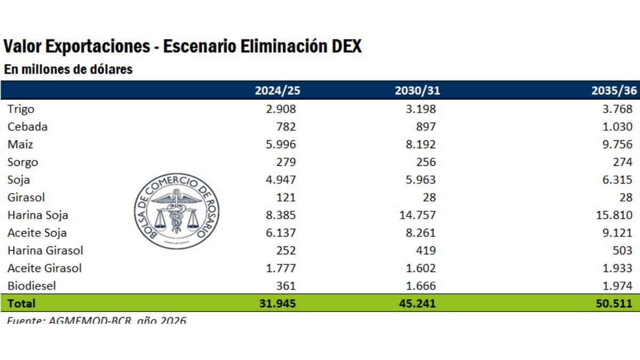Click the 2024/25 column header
(x=277, y=90)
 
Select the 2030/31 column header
(x=417, y=90)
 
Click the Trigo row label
(x=21, y=109)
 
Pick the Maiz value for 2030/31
(x=419, y=145)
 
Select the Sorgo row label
(x=22, y=162)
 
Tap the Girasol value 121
(x=286, y=197)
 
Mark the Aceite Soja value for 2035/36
(x=618, y=233)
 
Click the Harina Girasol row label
(x=45, y=250)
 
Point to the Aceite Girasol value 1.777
(x=279, y=268)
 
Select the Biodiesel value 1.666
(x=419, y=285)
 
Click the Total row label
(x=21, y=303)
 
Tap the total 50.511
(x=615, y=303)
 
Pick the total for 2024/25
(x=276, y=303)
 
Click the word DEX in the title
(x=346, y=46)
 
